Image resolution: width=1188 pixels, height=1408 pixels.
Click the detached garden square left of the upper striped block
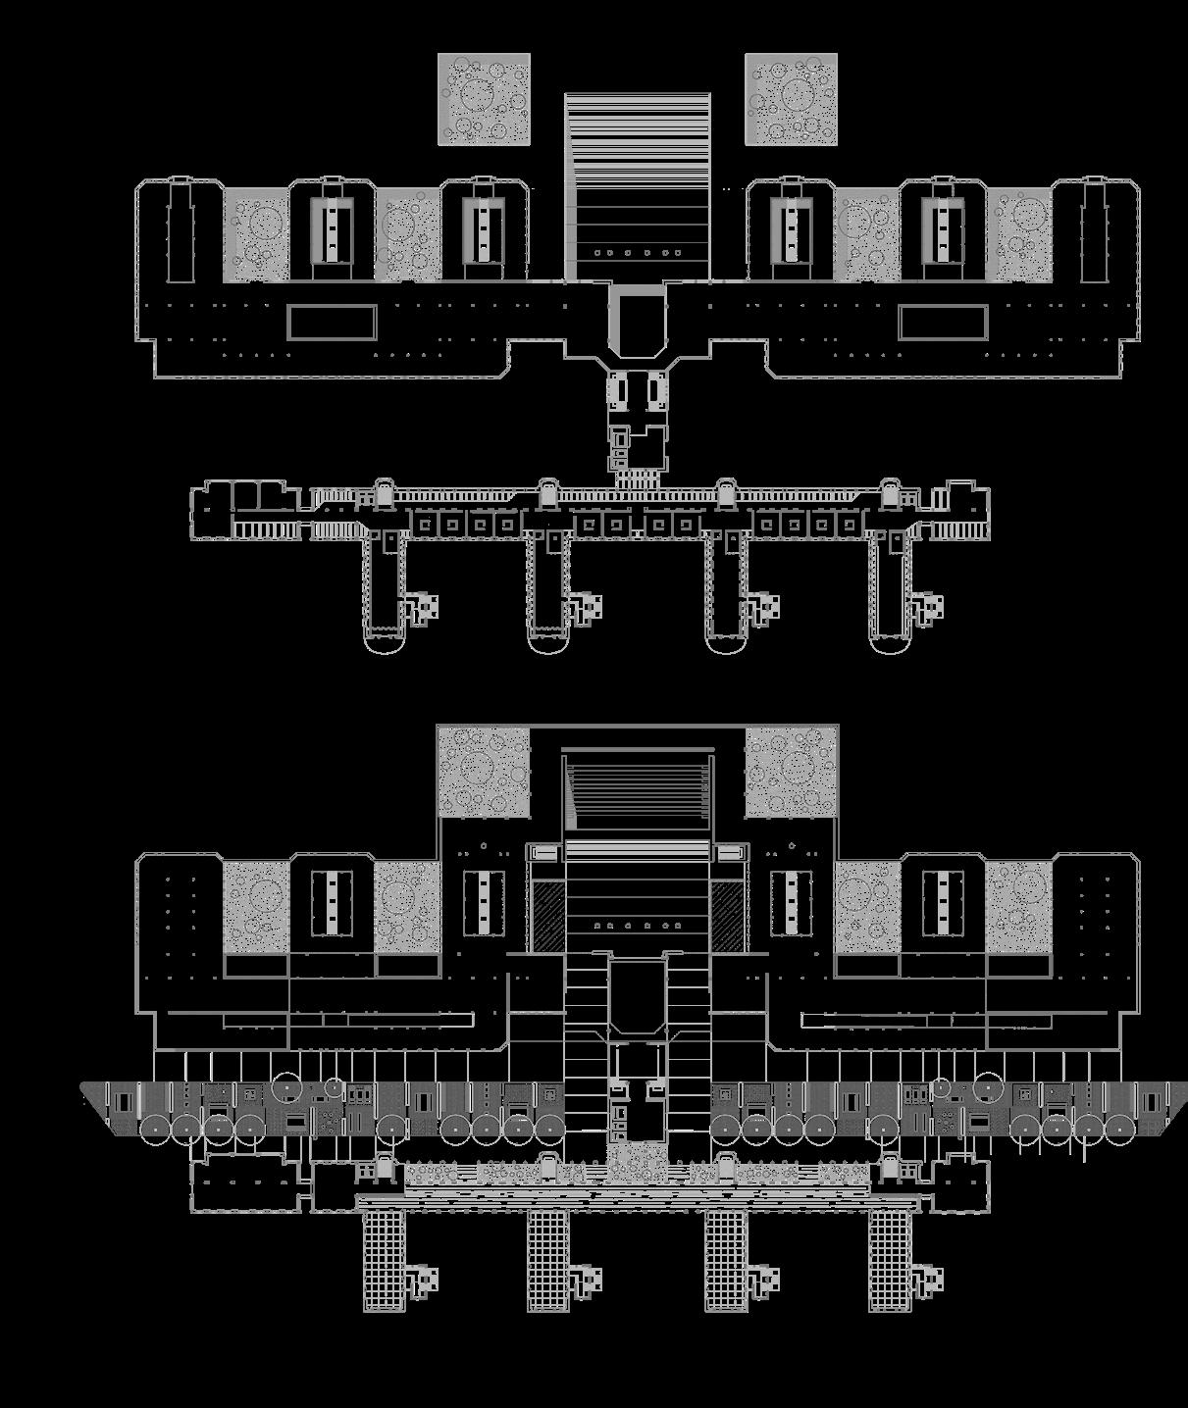(x=484, y=100)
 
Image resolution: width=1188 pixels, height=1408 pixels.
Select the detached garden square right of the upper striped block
(x=791, y=100)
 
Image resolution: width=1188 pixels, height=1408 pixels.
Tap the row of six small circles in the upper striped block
(x=638, y=253)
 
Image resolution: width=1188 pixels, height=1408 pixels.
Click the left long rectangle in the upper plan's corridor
(x=332, y=323)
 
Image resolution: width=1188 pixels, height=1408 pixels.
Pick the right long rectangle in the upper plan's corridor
(x=943, y=323)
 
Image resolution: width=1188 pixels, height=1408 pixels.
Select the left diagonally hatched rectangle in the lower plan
(x=546, y=915)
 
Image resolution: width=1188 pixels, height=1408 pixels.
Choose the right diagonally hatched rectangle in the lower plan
(x=727, y=915)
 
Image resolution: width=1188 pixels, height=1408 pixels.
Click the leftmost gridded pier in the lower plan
(x=384, y=1260)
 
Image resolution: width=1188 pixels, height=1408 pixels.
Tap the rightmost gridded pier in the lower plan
(x=889, y=1260)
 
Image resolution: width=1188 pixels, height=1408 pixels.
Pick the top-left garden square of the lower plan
(x=484, y=772)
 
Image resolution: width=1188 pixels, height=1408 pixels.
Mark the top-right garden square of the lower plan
(x=791, y=772)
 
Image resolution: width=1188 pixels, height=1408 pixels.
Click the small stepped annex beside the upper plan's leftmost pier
(x=423, y=608)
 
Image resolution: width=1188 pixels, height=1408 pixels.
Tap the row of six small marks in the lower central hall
(x=638, y=926)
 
